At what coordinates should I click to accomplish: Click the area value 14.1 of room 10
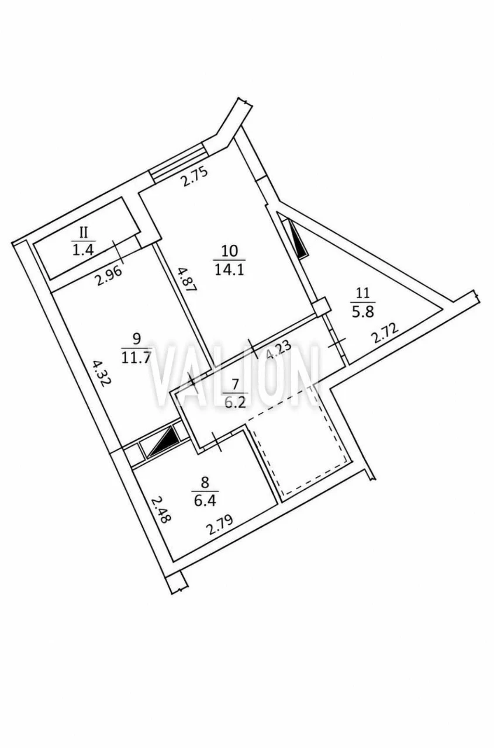(x=230, y=269)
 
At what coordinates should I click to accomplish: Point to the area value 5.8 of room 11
(x=363, y=313)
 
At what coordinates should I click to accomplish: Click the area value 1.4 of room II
(x=83, y=250)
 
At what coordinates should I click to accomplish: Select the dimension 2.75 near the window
(x=194, y=176)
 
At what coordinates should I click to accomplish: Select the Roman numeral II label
(x=84, y=233)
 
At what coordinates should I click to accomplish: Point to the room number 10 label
(x=230, y=251)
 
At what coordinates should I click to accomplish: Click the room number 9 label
(x=136, y=339)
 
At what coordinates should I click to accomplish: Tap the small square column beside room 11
(x=321, y=306)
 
